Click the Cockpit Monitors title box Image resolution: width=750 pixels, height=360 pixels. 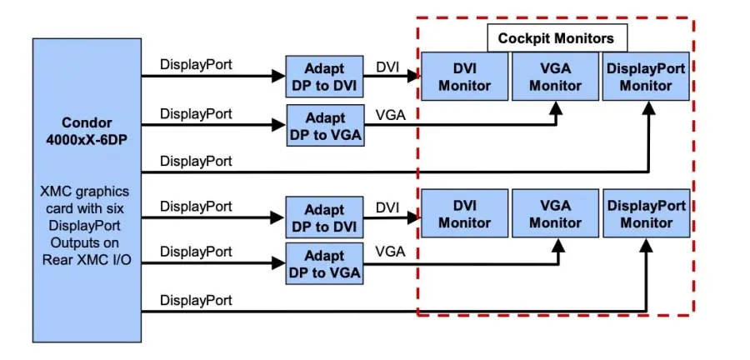556,38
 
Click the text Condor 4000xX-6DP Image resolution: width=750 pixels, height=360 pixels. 87,131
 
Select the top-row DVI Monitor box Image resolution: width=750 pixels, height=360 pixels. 464,76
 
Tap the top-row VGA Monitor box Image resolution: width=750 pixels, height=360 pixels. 555,76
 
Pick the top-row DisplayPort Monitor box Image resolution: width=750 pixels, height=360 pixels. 646,76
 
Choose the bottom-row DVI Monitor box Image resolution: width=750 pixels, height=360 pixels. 464,213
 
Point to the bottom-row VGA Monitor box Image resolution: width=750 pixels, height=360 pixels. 555,213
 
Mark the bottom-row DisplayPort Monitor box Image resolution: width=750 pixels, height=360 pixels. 646,213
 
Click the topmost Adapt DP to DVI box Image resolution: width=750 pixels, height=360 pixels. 324,77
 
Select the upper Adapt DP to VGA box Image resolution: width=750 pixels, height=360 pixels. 324,125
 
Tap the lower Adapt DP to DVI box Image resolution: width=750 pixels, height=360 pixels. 324,217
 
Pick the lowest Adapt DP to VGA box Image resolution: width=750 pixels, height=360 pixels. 324,263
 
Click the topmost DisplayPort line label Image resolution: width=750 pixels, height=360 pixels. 196,64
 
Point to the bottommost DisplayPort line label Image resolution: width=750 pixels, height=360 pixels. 196,299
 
